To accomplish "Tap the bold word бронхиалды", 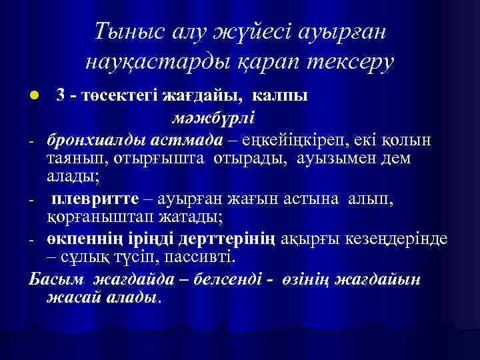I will [89, 141].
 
